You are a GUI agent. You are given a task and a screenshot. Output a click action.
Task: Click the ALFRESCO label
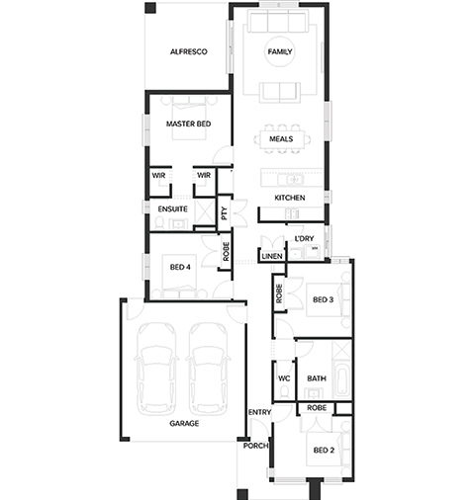click(189, 51)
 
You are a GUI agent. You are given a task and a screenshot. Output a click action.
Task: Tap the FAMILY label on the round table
click(280, 51)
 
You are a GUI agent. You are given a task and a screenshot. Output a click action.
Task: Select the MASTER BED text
click(188, 124)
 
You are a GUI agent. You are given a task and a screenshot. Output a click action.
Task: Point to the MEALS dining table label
click(281, 139)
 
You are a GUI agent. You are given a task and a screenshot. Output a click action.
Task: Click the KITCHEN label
click(290, 198)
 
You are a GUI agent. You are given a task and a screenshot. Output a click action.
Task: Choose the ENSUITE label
click(172, 209)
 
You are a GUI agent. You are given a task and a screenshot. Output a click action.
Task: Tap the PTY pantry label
click(225, 213)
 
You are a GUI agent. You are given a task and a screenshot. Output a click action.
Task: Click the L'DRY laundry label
click(304, 238)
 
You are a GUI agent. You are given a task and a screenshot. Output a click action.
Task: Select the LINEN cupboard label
click(272, 256)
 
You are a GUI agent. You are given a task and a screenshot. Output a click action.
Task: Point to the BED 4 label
click(180, 267)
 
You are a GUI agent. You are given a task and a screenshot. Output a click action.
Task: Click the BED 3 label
click(323, 299)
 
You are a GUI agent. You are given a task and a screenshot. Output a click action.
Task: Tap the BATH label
click(317, 378)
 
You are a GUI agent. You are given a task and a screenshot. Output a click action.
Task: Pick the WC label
click(284, 378)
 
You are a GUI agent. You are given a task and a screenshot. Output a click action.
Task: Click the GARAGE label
click(184, 423)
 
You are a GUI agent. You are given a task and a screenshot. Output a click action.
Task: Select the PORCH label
click(255, 446)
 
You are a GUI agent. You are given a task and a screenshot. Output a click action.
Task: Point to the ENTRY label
click(259, 412)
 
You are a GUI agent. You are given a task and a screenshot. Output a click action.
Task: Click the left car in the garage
click(155, 369)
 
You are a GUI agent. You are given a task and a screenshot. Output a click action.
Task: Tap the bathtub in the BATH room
click(342, 381)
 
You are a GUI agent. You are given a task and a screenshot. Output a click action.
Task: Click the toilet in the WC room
click(284, 392)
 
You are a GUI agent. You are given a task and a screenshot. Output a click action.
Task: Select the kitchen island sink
click(291, 180)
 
